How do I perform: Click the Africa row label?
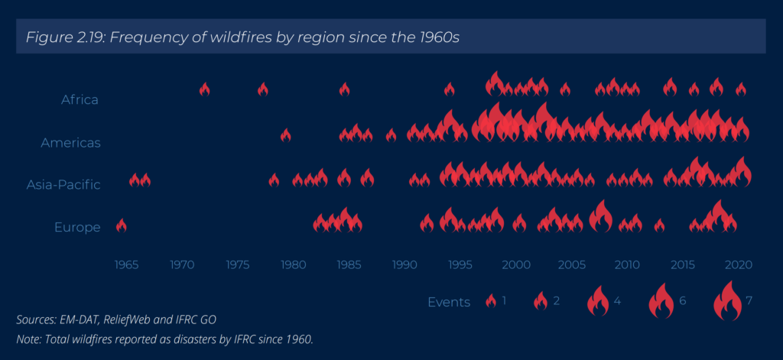point(80,99)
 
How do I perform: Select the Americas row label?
point(71,143)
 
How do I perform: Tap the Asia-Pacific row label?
point(63,185)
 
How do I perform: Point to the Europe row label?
point(77,228)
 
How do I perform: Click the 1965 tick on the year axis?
point(126,264)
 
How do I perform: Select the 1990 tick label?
point(404,264)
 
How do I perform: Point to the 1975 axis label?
point(238,264)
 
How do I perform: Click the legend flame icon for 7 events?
point(727,300)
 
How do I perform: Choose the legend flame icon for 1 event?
point(491,301)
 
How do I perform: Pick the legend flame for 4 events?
point(598,301)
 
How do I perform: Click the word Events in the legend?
point(449,302)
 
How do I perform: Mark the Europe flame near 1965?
point(122,226)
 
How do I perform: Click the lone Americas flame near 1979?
point(286,135)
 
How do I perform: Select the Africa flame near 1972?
point(204,89)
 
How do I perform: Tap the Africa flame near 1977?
point(263,89)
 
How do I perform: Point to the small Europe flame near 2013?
point(659,225)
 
